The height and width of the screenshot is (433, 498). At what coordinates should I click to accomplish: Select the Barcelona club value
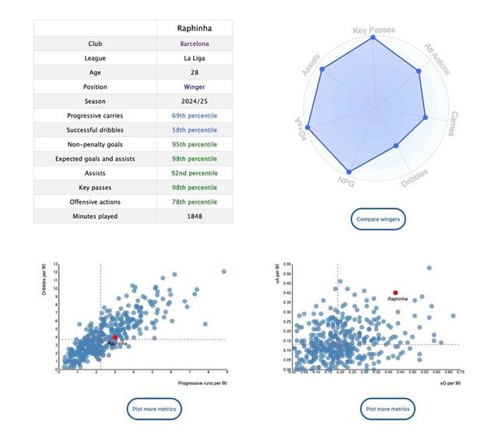[194, 44]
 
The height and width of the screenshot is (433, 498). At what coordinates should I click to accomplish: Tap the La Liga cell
[194, 58]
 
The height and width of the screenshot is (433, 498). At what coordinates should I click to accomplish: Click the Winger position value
[194, 87]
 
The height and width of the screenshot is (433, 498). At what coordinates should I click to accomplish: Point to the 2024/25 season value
[194, 101]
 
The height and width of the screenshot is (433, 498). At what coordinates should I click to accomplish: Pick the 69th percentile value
[194, 116]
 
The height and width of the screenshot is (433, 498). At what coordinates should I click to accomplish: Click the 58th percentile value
[194, 130]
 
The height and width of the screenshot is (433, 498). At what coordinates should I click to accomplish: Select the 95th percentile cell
[194, 144]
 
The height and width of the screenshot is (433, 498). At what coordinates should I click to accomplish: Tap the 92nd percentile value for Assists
[194, 173]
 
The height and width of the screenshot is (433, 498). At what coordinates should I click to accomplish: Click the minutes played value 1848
[194, 216]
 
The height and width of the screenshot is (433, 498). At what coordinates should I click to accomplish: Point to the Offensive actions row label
[95, 202]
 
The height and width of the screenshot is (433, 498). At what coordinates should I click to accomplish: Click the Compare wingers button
[378, 220]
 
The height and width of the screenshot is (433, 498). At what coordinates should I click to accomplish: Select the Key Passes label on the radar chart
[373, 31]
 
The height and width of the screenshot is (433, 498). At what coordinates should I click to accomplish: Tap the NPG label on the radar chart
[346, 181]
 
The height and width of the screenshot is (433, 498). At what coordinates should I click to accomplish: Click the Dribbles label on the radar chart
[416, 179]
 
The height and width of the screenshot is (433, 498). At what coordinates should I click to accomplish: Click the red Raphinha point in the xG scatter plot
[395, 292]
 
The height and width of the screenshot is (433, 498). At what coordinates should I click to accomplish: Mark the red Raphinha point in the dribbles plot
[115, 337]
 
